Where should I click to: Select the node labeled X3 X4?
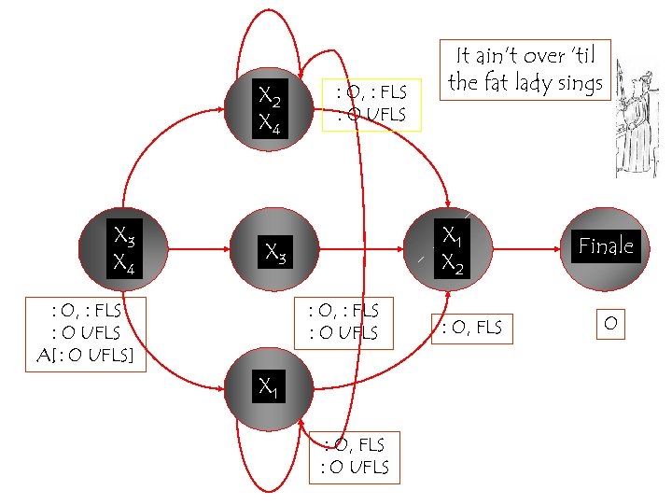[123, 248]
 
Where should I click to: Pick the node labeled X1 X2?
[452, 249]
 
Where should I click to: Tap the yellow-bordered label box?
[371, 104]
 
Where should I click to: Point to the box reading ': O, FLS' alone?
[470, 326]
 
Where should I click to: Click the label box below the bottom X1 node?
[354, 456]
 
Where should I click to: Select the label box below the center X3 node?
[343, 322]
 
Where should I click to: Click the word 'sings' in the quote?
[579, 84]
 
